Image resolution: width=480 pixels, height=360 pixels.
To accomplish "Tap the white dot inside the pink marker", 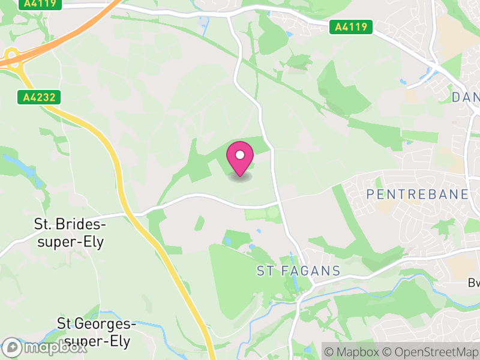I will pyautogui.click(x=239, y=155).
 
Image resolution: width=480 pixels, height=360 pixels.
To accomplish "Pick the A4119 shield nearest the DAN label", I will pyautogui.click(x=351, y=26).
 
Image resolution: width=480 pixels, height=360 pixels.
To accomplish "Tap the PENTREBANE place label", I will pyautogui.click(x=417, y=194).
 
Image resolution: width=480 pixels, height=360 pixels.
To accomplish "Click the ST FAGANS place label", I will pyautogui.click(x=298, y=271).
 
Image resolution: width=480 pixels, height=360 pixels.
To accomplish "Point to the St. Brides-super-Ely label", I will pyautogui.click(x=69, y=233).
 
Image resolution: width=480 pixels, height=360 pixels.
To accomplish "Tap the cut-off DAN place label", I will pyautogui.click(x=466, y=97).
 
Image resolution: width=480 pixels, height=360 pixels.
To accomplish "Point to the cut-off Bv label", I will pyautogui.click(x=474, y=283).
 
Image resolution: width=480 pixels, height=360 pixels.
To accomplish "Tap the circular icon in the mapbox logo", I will pyautogui.click(x=13, y=348).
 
